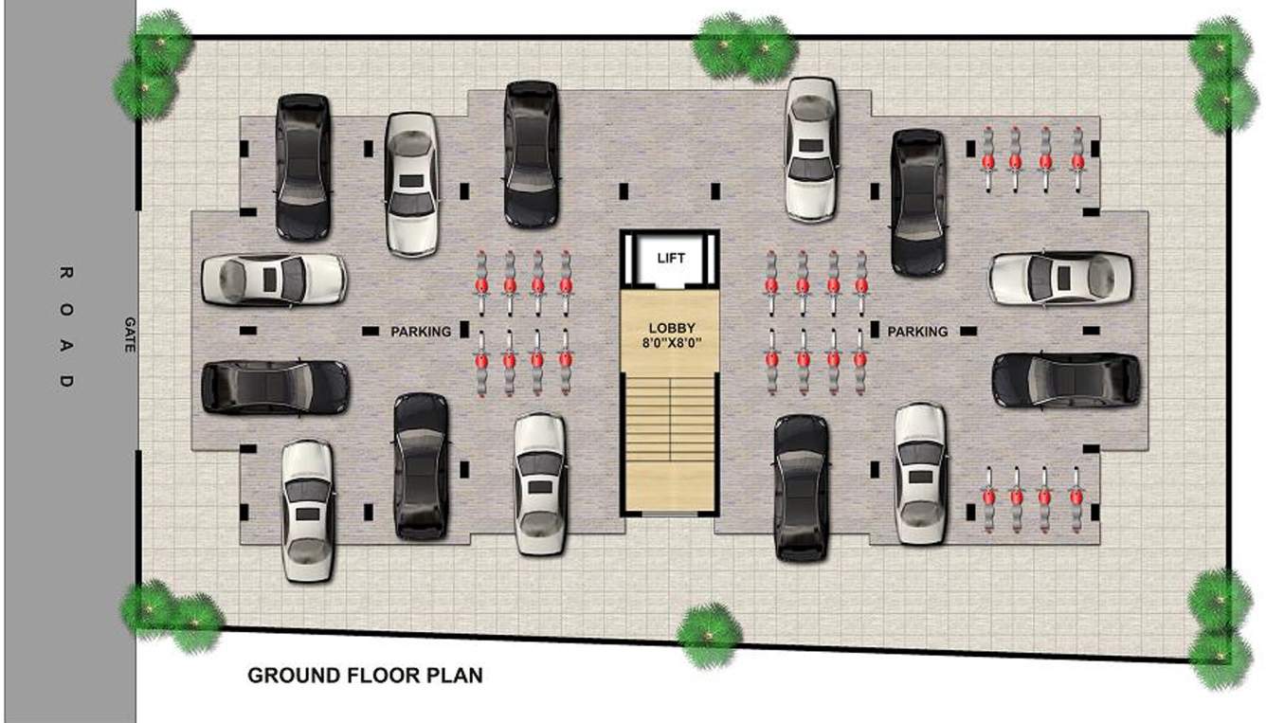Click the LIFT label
tap(670, 258)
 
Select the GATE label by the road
tap(130, 334)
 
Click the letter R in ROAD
tap(65, 274)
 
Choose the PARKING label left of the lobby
tap(421, 332)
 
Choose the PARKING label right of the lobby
tap(917, 332)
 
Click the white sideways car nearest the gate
tap(274, 280)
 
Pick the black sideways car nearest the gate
tap(275, 388)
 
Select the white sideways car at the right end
tap(1060, 278)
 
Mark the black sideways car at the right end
tap(1066, 380)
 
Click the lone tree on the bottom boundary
tap(708, 635)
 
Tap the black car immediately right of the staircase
tap(800, 488)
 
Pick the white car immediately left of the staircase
tap(539, 484)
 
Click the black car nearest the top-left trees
tap(302, 166)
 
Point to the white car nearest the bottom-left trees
tap(307, 510)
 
